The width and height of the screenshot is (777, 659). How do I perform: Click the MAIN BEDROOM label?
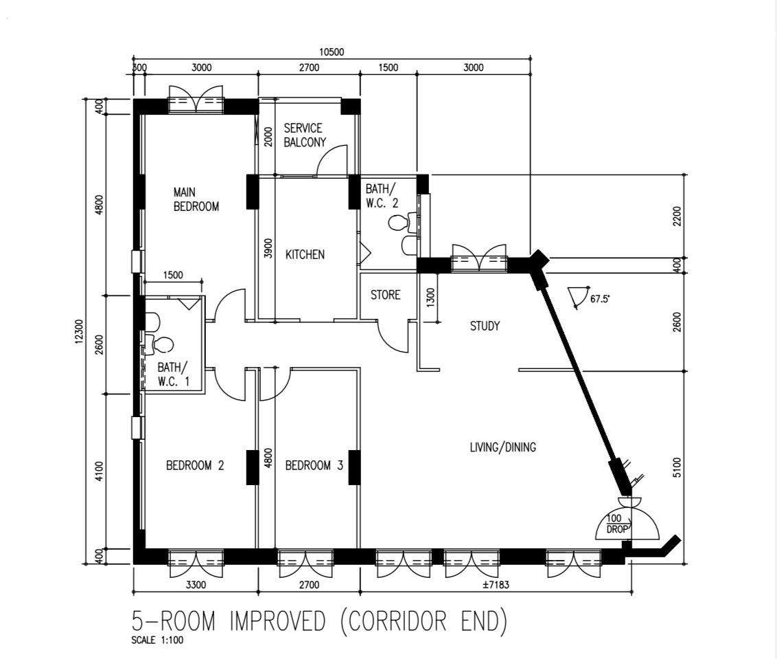point(196,199)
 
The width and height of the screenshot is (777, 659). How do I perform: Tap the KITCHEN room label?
point(305,254)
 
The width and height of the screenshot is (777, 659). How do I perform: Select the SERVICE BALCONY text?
point(305,135)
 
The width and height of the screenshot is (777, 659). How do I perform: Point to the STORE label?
point(385,295)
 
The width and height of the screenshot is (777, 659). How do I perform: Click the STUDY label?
point(485,326)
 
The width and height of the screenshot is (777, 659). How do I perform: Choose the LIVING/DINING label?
point(503,447)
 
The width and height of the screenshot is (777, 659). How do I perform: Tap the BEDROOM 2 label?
point(195,465)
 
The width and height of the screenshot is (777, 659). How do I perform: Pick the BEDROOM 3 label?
point(314,465)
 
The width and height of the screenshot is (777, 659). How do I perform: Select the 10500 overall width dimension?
point(332,52)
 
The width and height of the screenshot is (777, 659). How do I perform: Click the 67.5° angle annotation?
point(600,299)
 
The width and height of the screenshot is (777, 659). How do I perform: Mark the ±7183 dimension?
point(496,585)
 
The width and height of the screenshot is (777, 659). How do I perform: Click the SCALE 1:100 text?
point(157,640)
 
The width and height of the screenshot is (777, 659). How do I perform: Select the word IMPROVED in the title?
point(277,621)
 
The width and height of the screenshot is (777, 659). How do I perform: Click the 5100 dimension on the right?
point(677,467)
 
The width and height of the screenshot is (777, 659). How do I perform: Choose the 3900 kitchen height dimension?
point(268,249)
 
